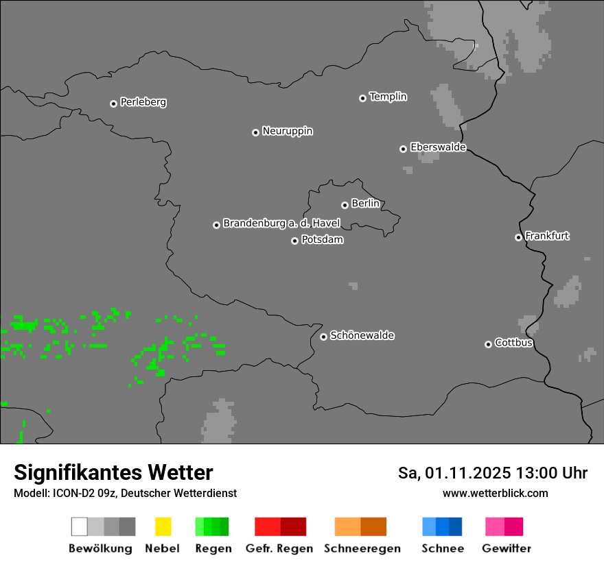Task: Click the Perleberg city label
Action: [143, 102]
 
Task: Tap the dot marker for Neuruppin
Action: [255, 132]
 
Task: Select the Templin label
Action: [388, 97]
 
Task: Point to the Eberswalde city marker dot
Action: [403, 149]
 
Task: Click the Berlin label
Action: [365, 204]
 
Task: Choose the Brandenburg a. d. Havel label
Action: [281, 223]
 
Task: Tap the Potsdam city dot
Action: [294, 241]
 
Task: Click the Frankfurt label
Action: [547, 236]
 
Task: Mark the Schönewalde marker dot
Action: [323, 337]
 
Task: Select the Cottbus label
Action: [513, 343]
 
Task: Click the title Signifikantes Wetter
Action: [113, 472]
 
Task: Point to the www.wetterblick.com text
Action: [495, 493]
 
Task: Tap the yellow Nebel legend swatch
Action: [163, 526]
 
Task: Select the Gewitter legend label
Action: [506, 548]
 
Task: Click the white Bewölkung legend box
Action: [80, 526]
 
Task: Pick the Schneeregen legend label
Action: [362, 548]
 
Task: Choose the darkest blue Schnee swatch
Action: [455, 526]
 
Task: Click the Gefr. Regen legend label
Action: [279, 548]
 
